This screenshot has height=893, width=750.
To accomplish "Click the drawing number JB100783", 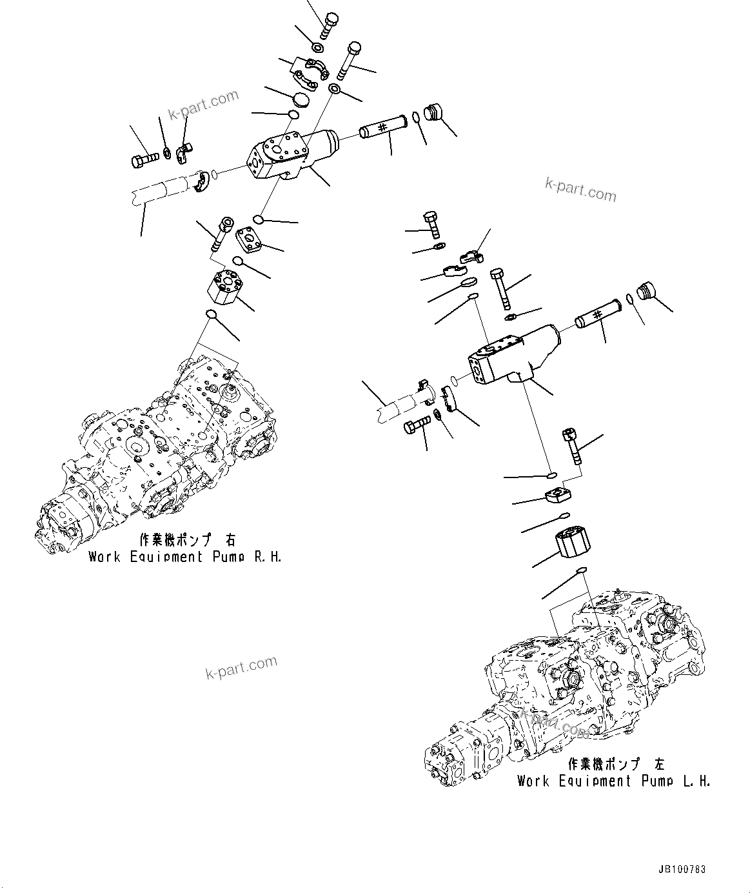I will tap(682, 869).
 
